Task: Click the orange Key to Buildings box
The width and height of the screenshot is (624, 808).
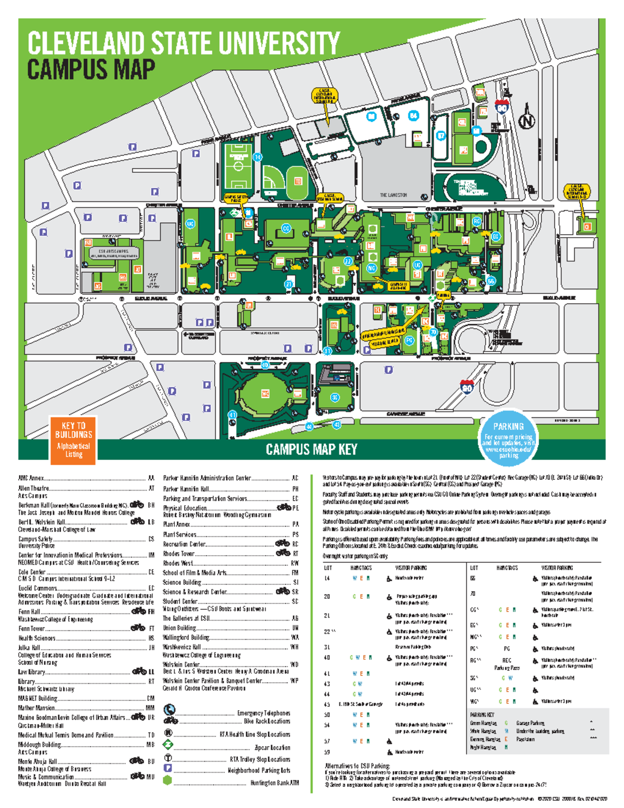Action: tap(73, 440)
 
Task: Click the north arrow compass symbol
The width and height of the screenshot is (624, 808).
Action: tap(527, 119)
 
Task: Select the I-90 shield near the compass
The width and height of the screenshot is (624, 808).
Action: tap(501, 107)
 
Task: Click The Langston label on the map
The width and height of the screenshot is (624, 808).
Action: tap(393, 195)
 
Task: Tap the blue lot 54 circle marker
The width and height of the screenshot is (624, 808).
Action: tap(413, 116)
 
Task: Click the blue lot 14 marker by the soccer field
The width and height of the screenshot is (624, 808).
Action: tap(257, 157)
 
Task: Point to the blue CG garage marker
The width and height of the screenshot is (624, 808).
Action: tap(285, 228)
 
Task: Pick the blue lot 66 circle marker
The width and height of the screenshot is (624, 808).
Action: tap(491, 281)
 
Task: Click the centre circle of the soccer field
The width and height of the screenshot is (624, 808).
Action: tap(238, 166)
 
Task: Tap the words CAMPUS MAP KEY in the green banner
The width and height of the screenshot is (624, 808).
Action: tap(311, 450)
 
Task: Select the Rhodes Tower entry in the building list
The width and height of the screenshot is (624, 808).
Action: tap(179, 554)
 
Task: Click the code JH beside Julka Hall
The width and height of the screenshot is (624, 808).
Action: tap(151, 648)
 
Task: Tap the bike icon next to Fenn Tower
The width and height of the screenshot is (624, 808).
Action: tap(138, 628)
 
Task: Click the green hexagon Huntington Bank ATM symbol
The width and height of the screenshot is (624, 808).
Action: tap(167, 780)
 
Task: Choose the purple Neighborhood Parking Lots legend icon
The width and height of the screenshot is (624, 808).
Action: tap(168, 768)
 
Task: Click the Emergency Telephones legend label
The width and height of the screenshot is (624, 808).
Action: tap(264, 713)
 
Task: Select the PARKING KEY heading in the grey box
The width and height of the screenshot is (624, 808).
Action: tap(482, 715)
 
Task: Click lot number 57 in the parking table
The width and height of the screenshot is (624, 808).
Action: tap(327, 741)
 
